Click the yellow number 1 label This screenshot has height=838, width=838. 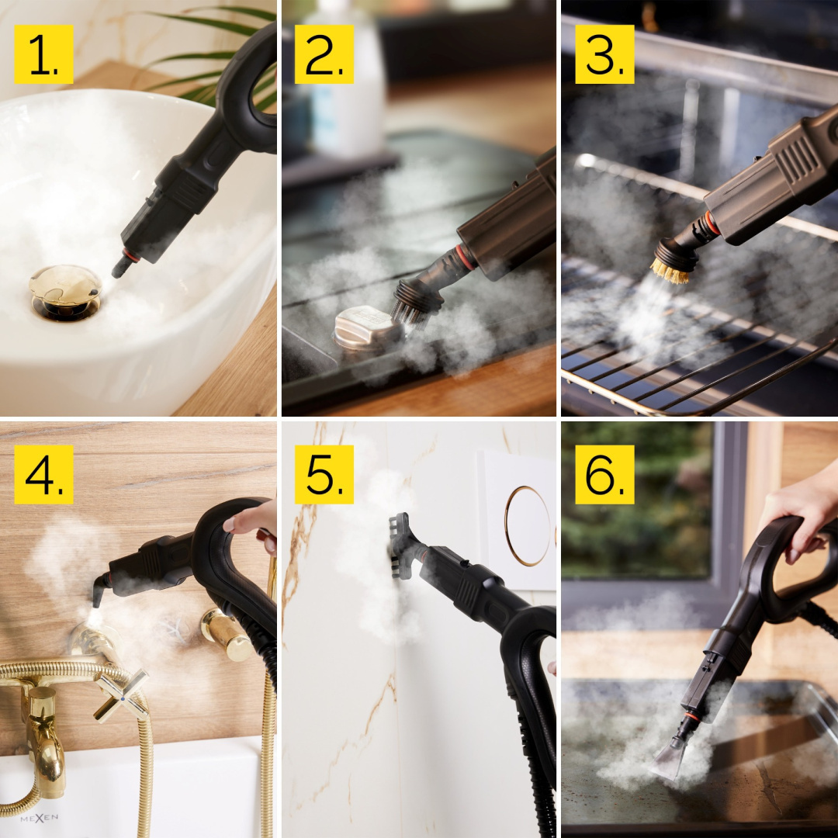coord(43,54)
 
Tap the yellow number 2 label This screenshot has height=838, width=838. coord(324,54)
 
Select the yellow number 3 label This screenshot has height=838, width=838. coord(604,54)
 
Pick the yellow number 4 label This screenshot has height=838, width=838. coord(43,475)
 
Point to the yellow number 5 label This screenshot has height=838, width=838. coord(324,475)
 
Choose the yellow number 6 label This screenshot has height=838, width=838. coord(604,475)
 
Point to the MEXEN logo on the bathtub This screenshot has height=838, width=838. coord(39,819)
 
